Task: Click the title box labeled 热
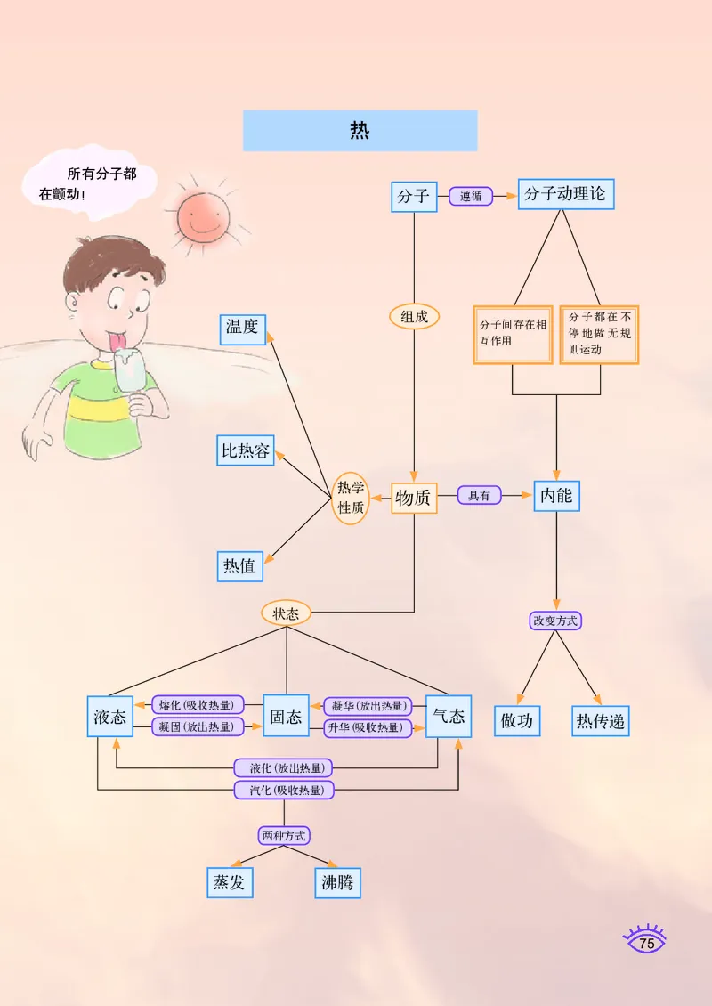[x=360, y=131]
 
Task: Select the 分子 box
[x=414, y=196]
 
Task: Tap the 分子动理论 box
[x=565, y=194]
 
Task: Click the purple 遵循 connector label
[x=471, y=196]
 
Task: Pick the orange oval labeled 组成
[x=414, y=316]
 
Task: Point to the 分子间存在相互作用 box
[x=513, y=335]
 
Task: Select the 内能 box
[x=556, y=496]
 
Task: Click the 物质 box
[x=414, y=499]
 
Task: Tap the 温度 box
[x=243, y=328]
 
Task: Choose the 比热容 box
[x=246, y=450]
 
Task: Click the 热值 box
[x=240, y=566]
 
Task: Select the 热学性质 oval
[x=350, y=498]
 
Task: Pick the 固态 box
[x=286, y=717]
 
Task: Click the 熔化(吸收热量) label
[x=197, y=705]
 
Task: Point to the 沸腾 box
[x=338, y=883]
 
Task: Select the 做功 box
[x=517, y=720]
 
